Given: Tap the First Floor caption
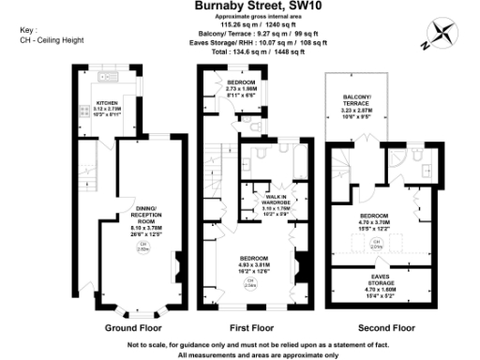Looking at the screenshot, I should pos(251,328).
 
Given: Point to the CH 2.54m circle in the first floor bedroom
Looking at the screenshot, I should pos(250,285).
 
